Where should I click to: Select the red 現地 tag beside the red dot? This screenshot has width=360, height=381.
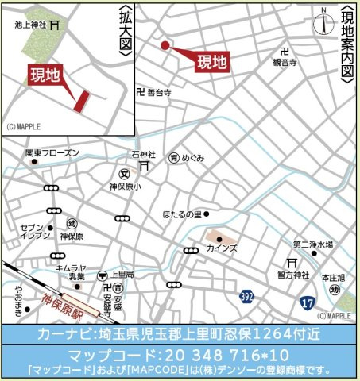click(211, 61)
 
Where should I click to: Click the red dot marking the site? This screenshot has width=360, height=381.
click(165, 46)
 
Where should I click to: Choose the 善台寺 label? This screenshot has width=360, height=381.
click(160, 92)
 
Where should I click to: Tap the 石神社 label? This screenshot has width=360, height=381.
click(144, 154)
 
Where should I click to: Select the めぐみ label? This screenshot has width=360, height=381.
click(193, 158)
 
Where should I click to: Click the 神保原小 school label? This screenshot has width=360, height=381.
click(125, 187)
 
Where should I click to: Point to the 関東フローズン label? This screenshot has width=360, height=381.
click(52, 152)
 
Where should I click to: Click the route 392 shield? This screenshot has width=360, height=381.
click(247, 296)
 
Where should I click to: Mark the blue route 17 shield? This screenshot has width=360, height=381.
click(308, 302)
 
